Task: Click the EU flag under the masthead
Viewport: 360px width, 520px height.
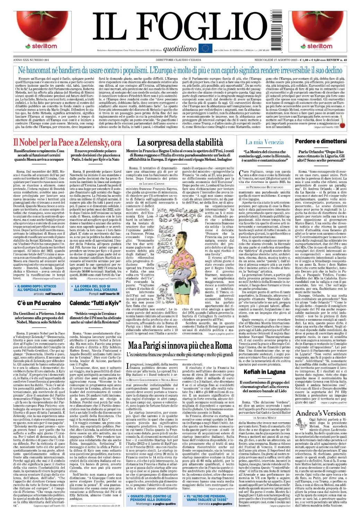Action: pyautogui.click(x=205, y=48)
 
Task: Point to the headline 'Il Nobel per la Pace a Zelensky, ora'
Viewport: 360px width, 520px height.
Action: pyautogui.click(x=67, y=142)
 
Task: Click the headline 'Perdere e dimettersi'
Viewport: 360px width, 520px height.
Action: pyautogui.click(x=325, y=141)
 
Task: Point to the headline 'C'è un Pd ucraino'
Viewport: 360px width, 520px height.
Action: pyautogui.click(x=39, y=303)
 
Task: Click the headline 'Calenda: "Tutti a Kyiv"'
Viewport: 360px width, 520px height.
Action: pyautogui.click(x=97, y=303)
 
